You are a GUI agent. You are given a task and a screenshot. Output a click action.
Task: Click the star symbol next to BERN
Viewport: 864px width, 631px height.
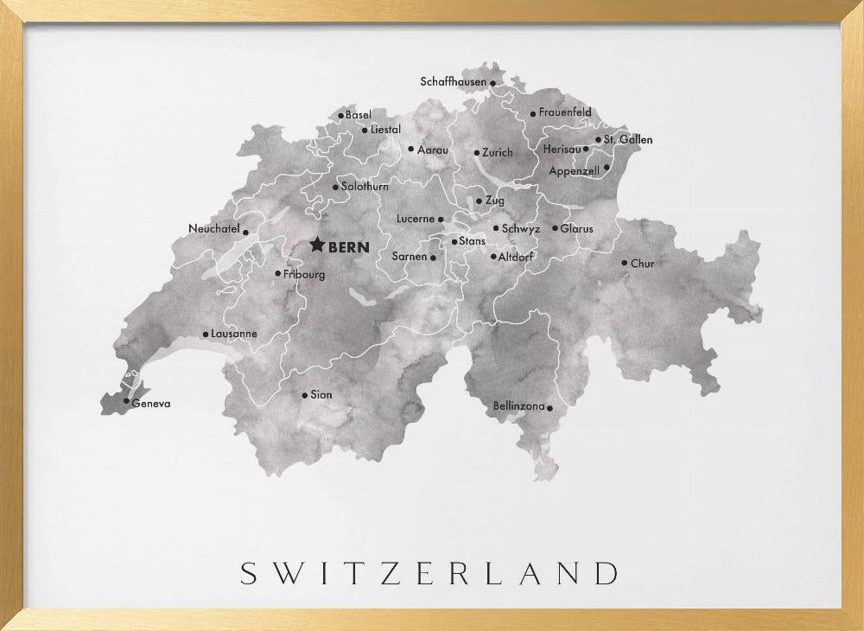pyautogui.click(x=317, y=245)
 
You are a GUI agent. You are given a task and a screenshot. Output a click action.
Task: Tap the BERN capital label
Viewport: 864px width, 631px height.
pyautogui.click(x=349, y=247)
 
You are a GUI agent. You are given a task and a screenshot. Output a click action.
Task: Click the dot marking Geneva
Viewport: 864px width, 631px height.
pyautogui.click(x=126, y=400)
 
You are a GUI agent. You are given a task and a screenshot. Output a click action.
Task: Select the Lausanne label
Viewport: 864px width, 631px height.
pyautogui.click(x=234, y=334)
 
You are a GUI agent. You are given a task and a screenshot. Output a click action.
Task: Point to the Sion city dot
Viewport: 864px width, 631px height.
pyautogui.click(x=304, y=395)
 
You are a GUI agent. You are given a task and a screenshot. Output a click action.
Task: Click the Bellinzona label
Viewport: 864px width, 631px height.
pyautogui.click(x=518, y=405)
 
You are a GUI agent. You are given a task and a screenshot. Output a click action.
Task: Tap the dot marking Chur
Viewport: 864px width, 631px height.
pyautogui.click(x=624, y=263)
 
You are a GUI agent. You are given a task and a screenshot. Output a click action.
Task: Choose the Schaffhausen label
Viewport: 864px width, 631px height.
pyautogui.click(x=454, y=82)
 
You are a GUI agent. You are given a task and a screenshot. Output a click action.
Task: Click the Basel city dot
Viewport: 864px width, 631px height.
pyautogui.click(x=340, y=115)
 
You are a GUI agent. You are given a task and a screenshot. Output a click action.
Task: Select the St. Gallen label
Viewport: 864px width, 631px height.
pyautogui.click(x=628, y=139)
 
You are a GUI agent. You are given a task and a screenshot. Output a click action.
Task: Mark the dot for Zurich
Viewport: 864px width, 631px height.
pyautogui.click(x=476, y=153)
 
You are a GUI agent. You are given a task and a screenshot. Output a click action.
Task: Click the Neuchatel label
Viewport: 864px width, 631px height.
pyautogui.click(x=213, y=229)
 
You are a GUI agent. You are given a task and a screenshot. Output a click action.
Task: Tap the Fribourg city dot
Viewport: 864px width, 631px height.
pyautogui.click(x=277, y=274)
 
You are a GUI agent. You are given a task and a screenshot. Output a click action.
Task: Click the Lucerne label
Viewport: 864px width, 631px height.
pyautogui.click(x=416, y=219)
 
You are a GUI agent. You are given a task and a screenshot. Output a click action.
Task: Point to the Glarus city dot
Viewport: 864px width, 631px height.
pyautogui.click(x=555, y=228)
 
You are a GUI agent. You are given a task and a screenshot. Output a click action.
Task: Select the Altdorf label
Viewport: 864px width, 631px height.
pyautogui.click(x=517, y=257)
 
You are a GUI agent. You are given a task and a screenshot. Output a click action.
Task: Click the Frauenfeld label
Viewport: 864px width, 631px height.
pyautogui.click(x=565, y=112)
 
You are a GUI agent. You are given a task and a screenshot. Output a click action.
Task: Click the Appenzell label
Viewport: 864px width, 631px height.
pyautogui.click(x=574, y=171)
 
